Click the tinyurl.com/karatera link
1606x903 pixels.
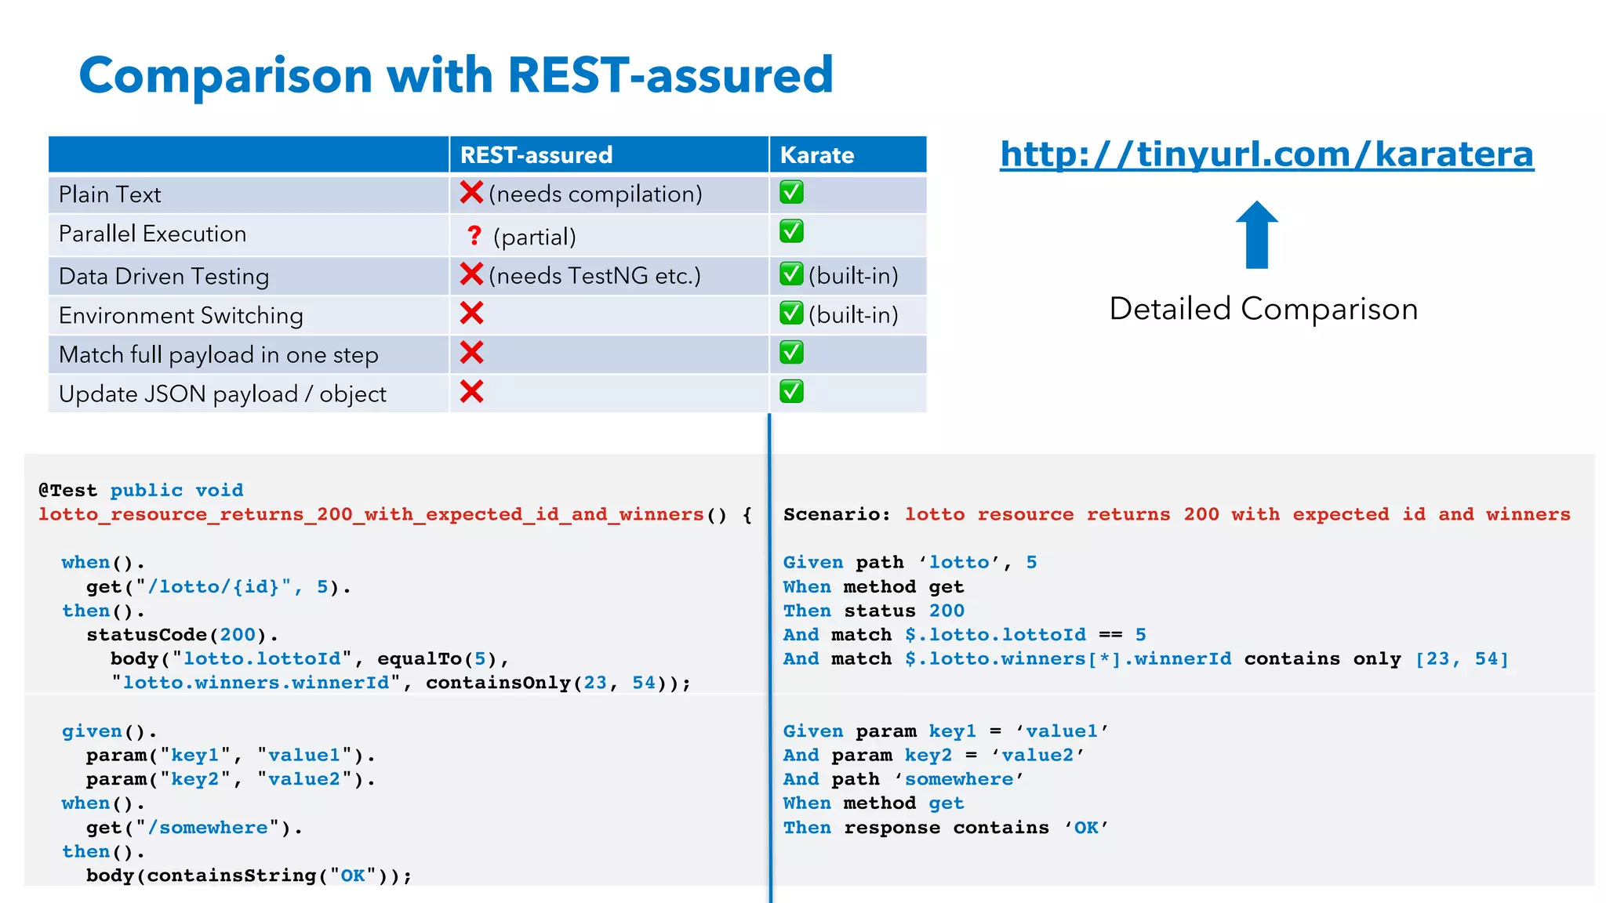[x=1266, y=154]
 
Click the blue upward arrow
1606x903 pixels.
[x=1256, y=234]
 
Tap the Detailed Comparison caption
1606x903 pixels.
[x=1263, y=309]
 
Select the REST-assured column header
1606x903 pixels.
[x=536, y=155]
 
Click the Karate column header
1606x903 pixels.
[x=817, y=155]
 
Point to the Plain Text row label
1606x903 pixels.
[x=110, y=194]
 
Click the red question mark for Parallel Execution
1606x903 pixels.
[x=474, y=235]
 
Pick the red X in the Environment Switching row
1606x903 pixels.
[x=471, y=314]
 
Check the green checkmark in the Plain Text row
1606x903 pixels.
[x=791, y=193]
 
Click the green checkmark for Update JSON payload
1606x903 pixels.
[x=791, y=391]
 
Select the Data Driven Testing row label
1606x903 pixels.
[x=164, y=276]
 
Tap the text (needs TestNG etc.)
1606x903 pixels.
[x=594, y=276]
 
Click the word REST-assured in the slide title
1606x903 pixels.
[x=670, y=75]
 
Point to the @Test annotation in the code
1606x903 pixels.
[x=68, y=491]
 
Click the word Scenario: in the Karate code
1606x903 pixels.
[x=837, y=514]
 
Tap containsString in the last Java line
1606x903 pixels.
[x=231, y=876]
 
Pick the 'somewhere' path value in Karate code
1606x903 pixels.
[x=958, y=779]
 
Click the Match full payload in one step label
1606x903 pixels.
[x=219, y=355]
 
